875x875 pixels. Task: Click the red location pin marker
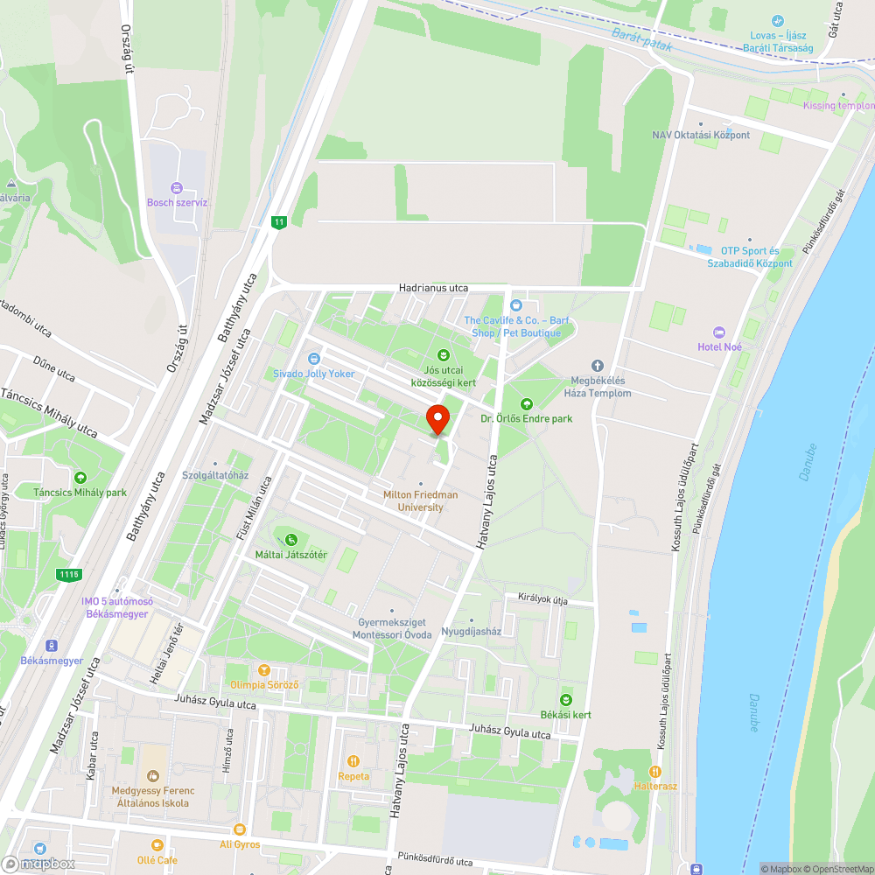(x=437, y=418)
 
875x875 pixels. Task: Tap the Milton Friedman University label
(x=420, y=500)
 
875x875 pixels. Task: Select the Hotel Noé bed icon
(x=719, y=332)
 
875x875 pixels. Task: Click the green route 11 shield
(x=279, y=222)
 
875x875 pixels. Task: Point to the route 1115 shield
(x=69, y=575)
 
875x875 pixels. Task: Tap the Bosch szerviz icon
(x=177, y=188)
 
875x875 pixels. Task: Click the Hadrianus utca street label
(x=433, y=287)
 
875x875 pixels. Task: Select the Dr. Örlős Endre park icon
(x=526, y=404)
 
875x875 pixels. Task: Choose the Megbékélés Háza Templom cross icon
(x=598, y=366)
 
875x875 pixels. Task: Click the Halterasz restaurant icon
(x=654, y=771)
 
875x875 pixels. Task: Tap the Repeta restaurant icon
(x=353, y=761)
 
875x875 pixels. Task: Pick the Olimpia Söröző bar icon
(x=264, y=669)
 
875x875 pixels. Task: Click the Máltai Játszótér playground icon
(x=290, y=540)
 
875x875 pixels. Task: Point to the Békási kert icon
(x=565, y=700)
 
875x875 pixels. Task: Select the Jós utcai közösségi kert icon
(x=444, y=354)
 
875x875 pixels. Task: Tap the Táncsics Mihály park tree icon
(x=80, y=478)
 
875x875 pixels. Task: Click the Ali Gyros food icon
(x=240, y=829)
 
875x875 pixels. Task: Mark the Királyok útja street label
(x=542, y=599)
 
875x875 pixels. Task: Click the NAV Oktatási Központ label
(x=701, y=135)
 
